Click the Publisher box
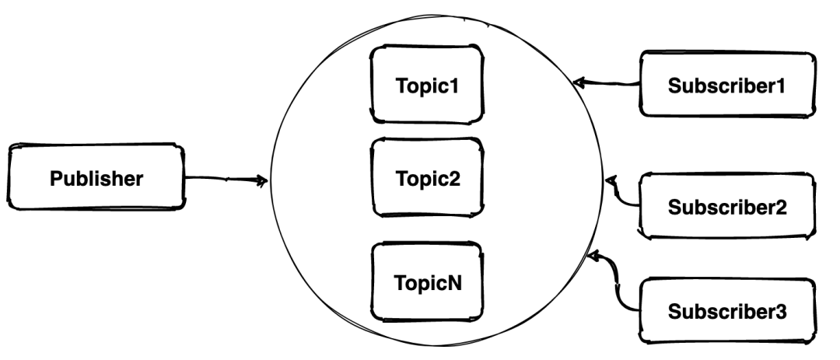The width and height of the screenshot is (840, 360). [96, 177]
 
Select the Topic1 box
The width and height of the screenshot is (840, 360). [427, 85]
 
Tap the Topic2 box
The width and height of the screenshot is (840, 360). [427, 177]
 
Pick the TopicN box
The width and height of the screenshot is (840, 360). [427, 281]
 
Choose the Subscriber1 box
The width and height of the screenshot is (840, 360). [727, 84]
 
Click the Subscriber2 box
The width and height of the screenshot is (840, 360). [727, 206]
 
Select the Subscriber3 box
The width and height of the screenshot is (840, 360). [727, 310]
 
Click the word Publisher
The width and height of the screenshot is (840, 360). [96, 178]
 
